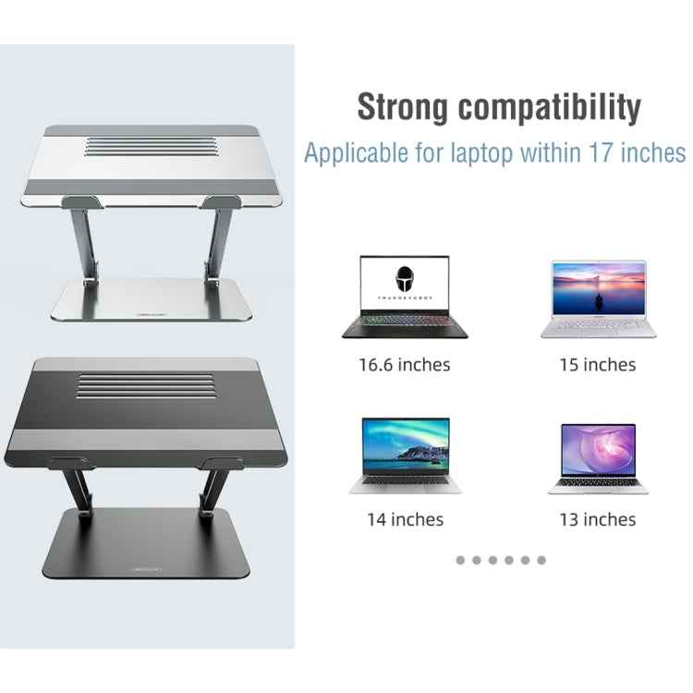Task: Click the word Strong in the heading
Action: coord(404,107)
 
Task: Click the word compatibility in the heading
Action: coord(551,107)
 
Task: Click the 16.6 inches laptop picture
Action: coord(405,298)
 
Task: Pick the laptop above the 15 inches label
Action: coord(598,298)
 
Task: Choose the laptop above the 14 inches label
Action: coord(405,455)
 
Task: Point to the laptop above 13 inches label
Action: coord(598,458)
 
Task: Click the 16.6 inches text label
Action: coord(405,364)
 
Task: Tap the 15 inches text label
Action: coord(598,364)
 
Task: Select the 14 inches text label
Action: coord(405,519)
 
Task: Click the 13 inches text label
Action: coord(598,519)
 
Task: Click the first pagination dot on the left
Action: coord(461,560)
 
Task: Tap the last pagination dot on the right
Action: coord(541,560)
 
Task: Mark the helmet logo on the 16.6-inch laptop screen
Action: coord(404,280)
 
